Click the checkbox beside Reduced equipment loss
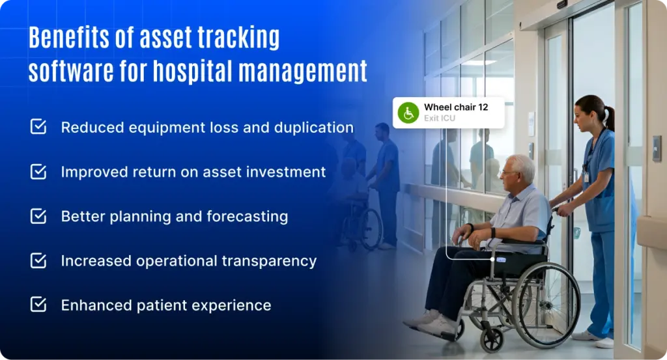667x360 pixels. point(38,127)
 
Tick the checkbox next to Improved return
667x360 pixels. point(38,171)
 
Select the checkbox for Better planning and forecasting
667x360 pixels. point(38,216)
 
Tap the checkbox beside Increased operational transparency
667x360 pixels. point(38,260)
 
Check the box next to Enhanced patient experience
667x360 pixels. point(38,305)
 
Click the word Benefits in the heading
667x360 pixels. point(68,37)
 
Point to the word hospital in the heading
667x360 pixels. point(193,70)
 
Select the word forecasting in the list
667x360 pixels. point(247,217)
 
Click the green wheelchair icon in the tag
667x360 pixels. point(408,113)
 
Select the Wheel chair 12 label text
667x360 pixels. point(456,107)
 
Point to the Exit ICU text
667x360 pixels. point(440,118)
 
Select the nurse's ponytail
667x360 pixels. point(610,118)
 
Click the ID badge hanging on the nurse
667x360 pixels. point(586,177)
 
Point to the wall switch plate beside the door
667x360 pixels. point(657,149)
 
